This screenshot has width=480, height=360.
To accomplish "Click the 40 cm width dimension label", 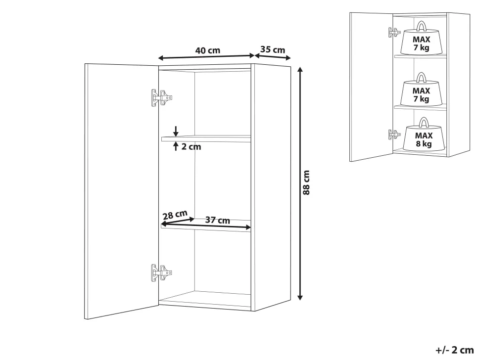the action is tap(207, 50).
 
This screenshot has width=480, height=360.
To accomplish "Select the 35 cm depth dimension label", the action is tap(273, 49).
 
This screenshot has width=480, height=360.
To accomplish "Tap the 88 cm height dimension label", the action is tap(306, 182).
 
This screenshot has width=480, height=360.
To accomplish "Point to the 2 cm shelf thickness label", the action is tap(192, 147).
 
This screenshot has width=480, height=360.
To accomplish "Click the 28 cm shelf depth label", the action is tap(175, 215).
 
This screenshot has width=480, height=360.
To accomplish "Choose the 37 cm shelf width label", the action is tap(217, 220).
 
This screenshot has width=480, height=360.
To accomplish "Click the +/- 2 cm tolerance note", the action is tap(455, 350).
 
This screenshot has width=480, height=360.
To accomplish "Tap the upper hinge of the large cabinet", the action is tap(162, 98).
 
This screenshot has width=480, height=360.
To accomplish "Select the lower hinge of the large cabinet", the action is tap(162, 272).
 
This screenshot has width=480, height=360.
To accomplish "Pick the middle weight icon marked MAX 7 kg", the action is tap(421, 90).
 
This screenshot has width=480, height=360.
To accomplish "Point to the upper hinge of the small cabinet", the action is tap(394, 32).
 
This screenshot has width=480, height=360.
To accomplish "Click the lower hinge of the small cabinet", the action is tap(394, 135).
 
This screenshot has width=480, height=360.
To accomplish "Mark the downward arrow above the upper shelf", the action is tap(176, 131).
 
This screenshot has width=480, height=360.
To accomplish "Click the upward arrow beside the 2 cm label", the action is tap(176, 146).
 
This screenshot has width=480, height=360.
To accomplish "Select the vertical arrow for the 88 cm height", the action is tap(300, 183).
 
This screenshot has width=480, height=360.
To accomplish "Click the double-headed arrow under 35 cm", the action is tap(273, 56).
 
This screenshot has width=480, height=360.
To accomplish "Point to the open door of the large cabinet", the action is tap(122, 191).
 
